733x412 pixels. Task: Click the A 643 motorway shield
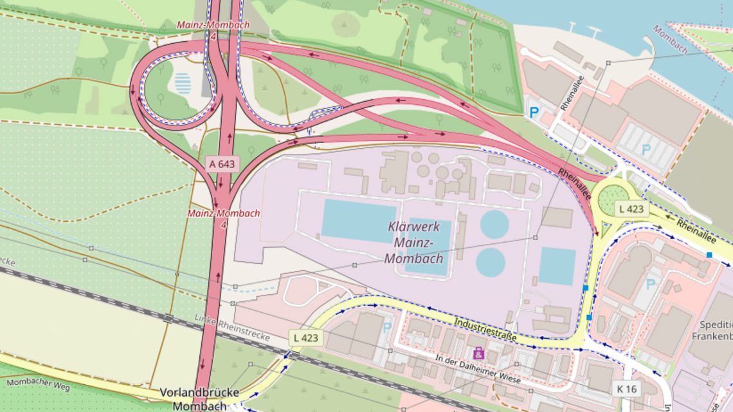tap(222, 164)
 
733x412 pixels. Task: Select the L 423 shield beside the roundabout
tap(630, 209)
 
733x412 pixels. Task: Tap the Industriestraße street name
tap(485, 329)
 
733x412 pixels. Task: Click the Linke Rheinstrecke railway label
tap(231, 328)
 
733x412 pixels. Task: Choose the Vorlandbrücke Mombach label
tap(199, 398)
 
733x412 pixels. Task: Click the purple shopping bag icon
tap(478, 353)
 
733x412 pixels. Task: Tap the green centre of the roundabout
tap(611, 200)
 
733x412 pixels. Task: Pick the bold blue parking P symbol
tap(534, 112)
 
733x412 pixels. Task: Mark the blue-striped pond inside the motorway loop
tap(183, 83)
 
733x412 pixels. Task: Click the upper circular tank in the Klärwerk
tap(494, 224)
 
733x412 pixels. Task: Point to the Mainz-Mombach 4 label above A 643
tap(204, 30)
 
